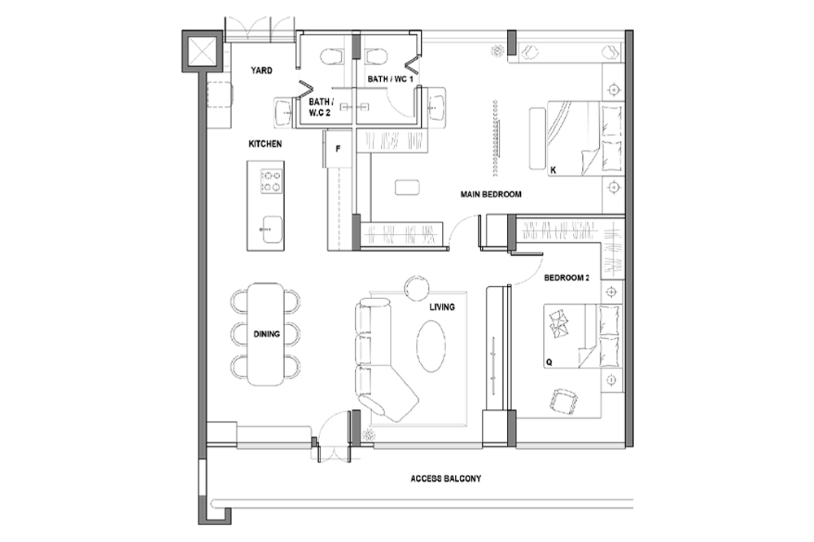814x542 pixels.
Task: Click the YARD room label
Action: (x=261, y=71)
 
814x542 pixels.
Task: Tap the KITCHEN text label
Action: (x=265, y=144)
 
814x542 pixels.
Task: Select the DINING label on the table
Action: (x=267, y=334)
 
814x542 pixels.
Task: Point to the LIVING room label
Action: (x=442, y=307)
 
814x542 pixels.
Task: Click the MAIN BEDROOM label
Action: (x=491, y=194)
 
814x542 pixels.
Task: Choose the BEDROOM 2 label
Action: (x=567, y=278)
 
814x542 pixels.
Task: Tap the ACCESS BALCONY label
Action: (x=446, y=478)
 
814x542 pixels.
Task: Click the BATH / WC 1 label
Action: (x=391, y=79)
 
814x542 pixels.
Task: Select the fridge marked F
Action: (x=338, y=148)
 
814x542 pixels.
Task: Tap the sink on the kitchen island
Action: (x=272, y=229)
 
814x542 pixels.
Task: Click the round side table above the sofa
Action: (x=418, y=288)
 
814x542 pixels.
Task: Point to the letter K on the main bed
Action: (x=554, y=170)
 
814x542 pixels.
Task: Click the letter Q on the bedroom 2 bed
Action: (x=549, y=362)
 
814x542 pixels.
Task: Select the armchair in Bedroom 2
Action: (x=565, y=402)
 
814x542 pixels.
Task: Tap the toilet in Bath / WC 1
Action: (x=376, y=56)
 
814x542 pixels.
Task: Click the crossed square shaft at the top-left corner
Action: (x=201, y=51)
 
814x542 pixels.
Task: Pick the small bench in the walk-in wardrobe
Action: (x=407, y=187)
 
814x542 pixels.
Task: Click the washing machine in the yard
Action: (x=221, y=95)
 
